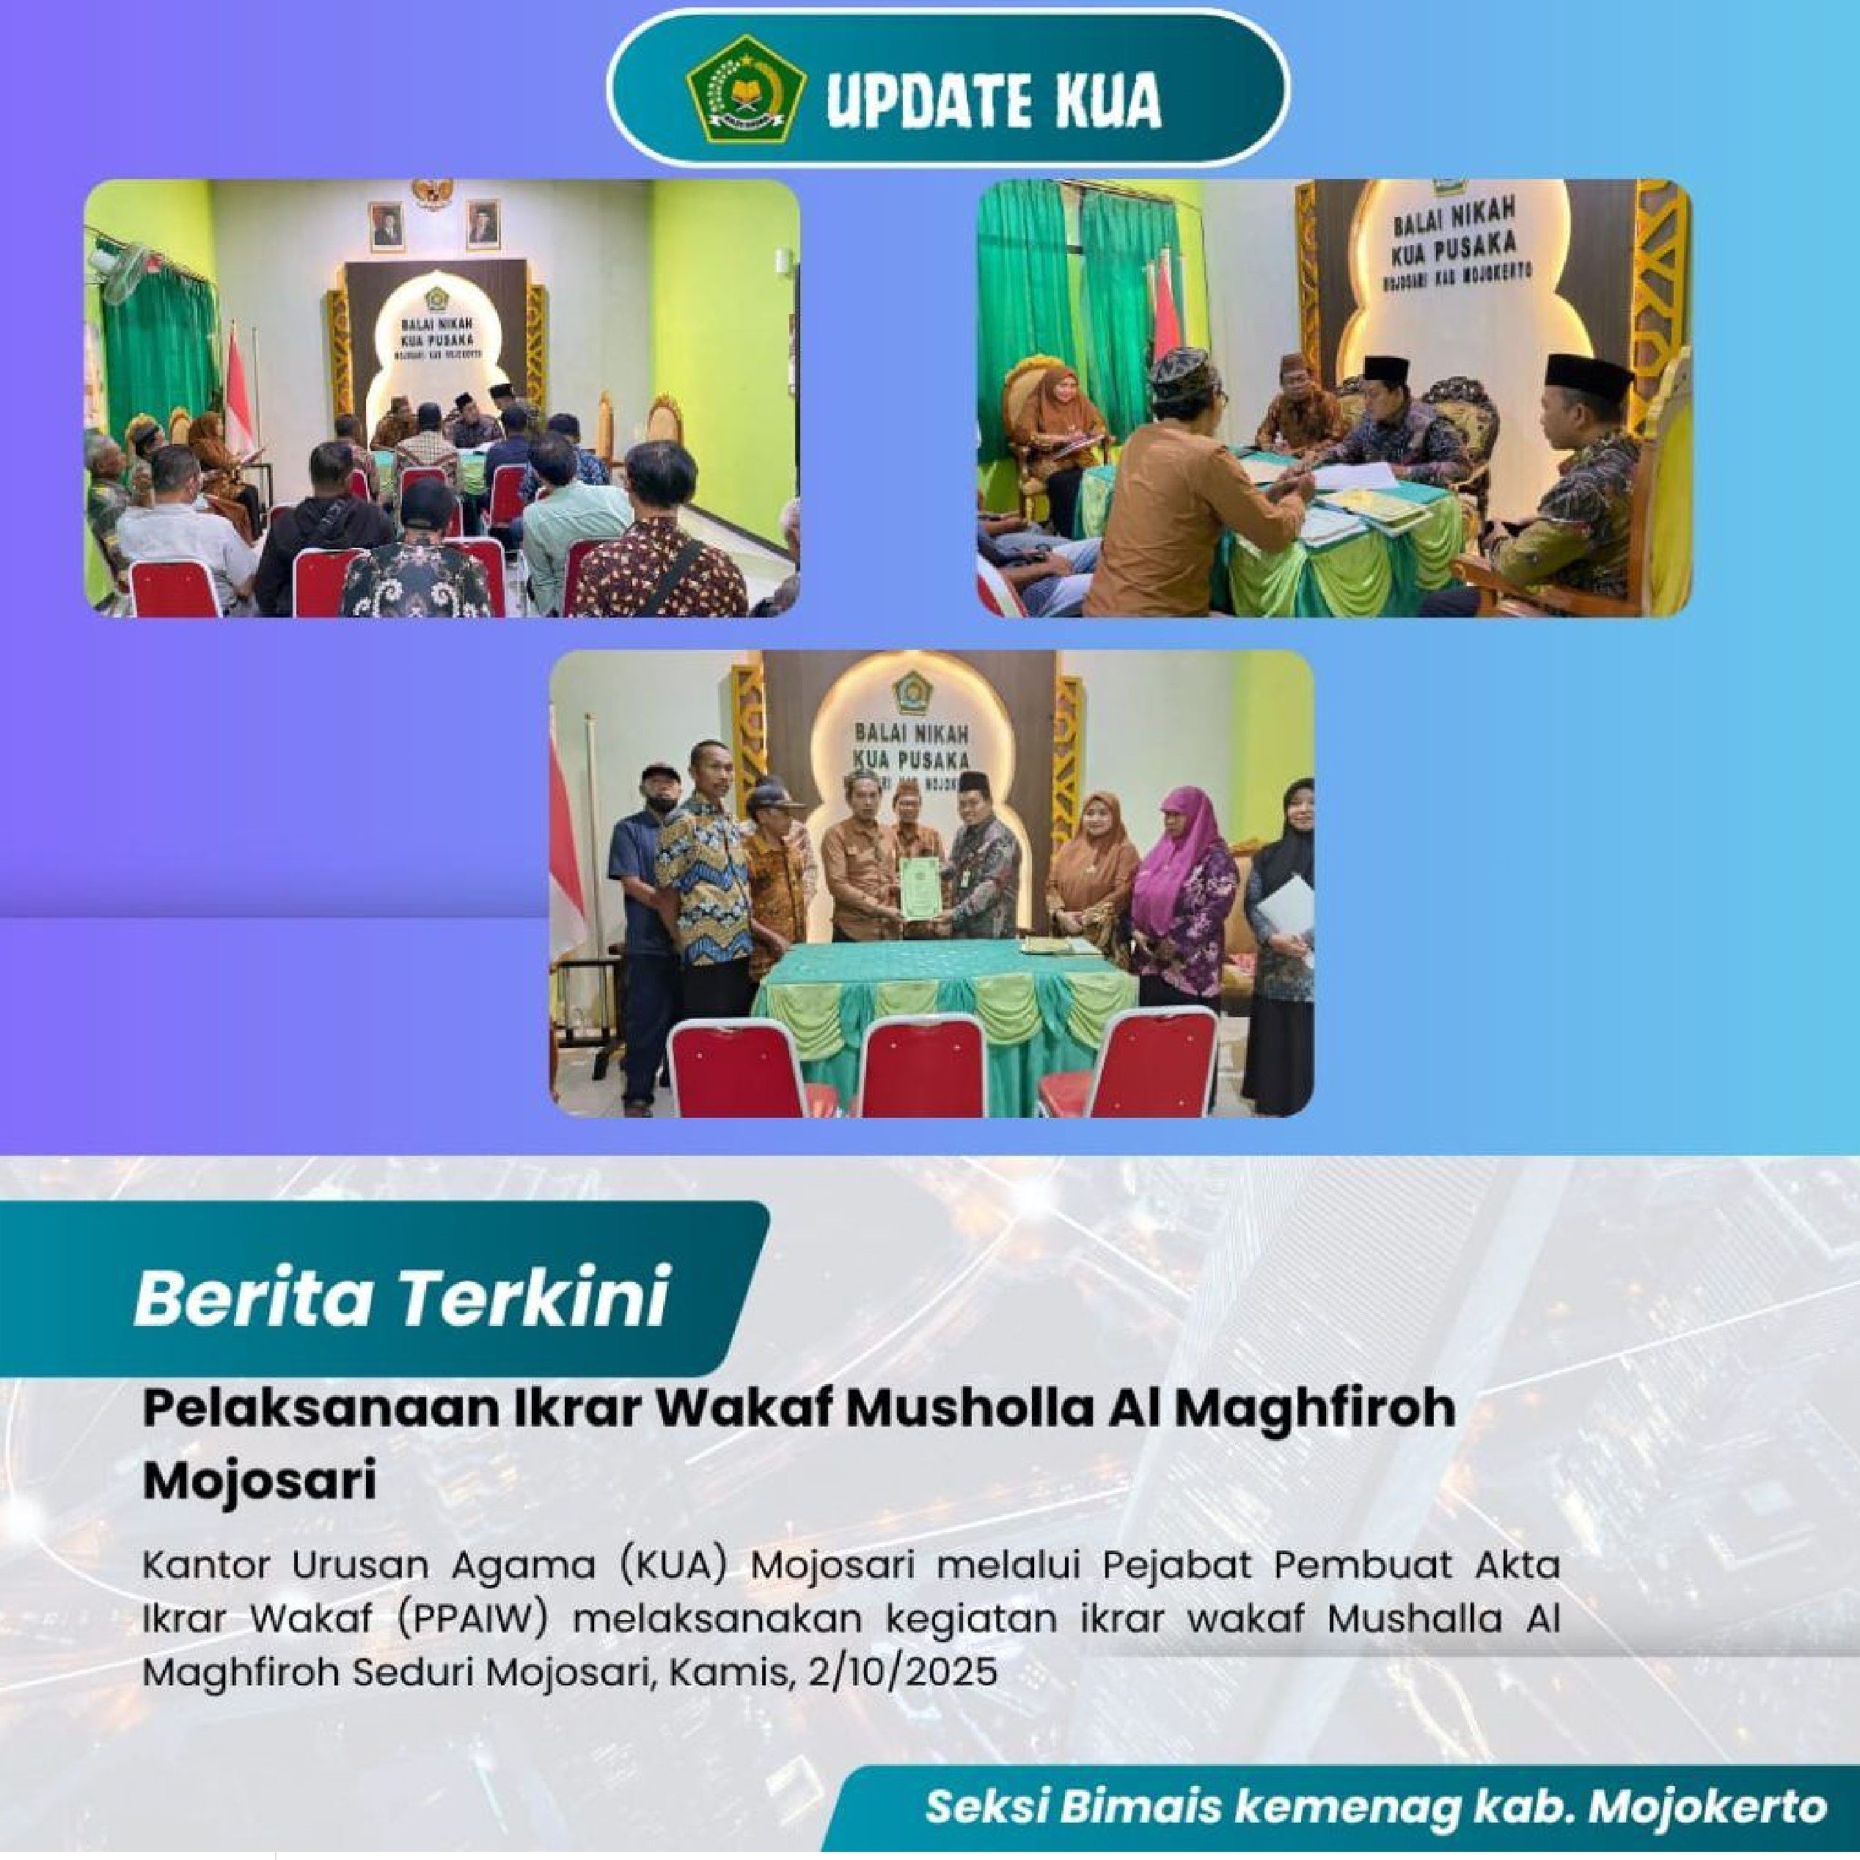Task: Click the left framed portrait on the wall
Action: point(384,225)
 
